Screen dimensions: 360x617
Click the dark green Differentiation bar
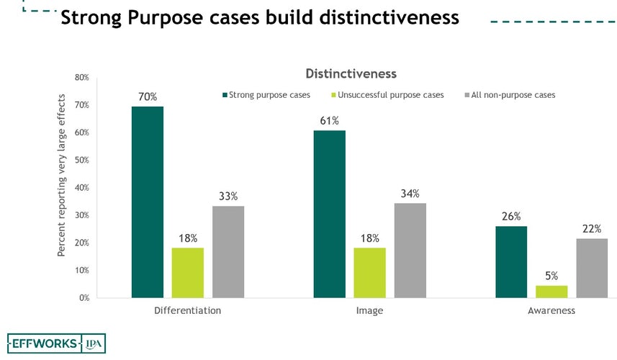pos(148,202)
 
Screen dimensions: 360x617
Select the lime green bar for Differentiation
pos(188,273)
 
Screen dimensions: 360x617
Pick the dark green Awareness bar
pos(511,262)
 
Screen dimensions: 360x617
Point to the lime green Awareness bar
pos(551,292)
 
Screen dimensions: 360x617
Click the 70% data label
pos(148,96)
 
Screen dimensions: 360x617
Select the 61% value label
pos(330,120)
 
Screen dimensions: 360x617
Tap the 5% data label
pos(551,275)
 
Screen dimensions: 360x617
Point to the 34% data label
pos(410,193)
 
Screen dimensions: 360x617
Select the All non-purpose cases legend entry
pos(513,95)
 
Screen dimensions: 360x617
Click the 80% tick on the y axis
pos(81,78)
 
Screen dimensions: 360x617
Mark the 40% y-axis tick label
pos(81,188)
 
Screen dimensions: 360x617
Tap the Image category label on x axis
pos(369,311)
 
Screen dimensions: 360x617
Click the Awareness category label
pos(551,311)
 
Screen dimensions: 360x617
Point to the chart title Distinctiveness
pos(351,74)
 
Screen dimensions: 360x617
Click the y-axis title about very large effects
pos(61,175)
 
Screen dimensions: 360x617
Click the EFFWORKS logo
pos(45,343)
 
